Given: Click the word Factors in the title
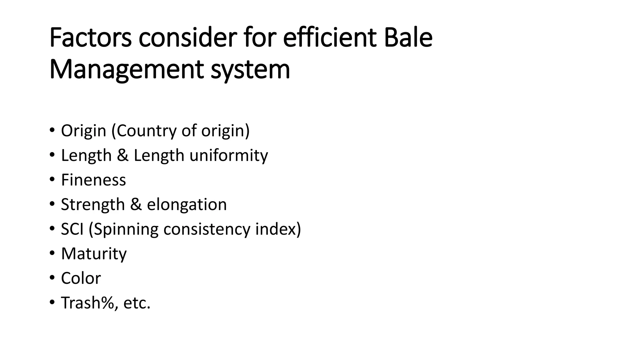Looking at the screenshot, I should click(90, 38).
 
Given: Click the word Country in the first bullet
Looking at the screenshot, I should click(146, 131).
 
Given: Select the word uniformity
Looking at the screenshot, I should click(228, 155).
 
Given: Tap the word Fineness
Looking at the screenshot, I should click(93, 180).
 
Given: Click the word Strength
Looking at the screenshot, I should click(93, 205).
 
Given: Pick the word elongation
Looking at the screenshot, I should click(187, 205).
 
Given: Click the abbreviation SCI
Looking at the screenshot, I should click(72, 229).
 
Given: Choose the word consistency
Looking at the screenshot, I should click(207, 230).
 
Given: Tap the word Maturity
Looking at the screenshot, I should click(94, 254).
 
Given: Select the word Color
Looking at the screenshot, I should click(81, 278).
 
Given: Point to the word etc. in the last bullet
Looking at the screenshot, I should click(137, 303).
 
